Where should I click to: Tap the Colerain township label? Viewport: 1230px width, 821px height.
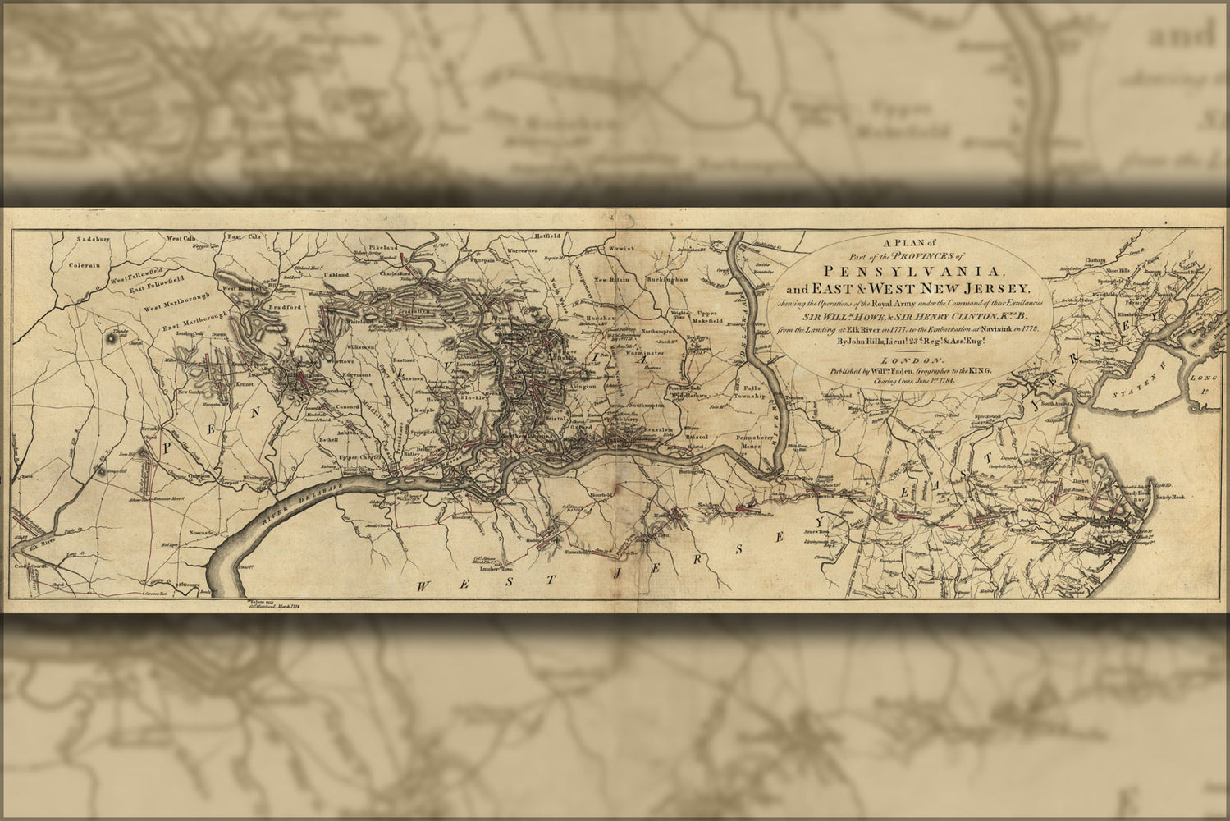point(84,265)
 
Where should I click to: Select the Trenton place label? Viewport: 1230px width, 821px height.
point(793,398)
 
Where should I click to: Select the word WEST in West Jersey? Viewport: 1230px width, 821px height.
point(449,585)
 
